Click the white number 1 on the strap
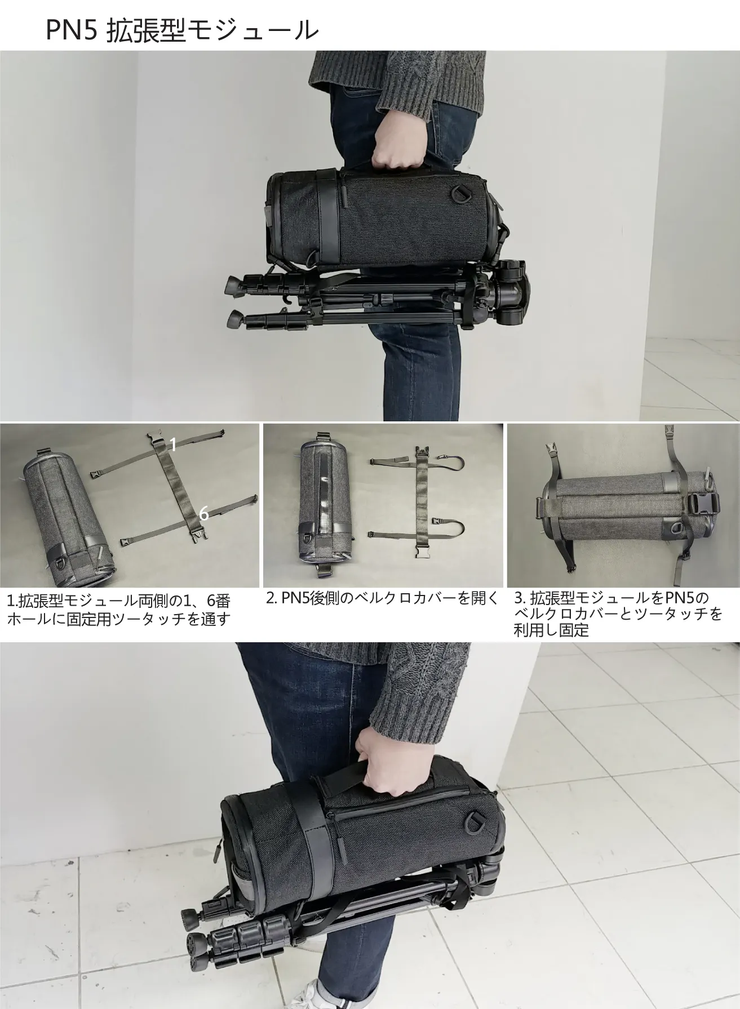[x=174, y=445]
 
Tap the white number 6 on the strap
[x=204, y=513]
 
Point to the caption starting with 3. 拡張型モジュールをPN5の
[x=618, y=614]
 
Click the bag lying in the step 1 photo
[x=70, y=515]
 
